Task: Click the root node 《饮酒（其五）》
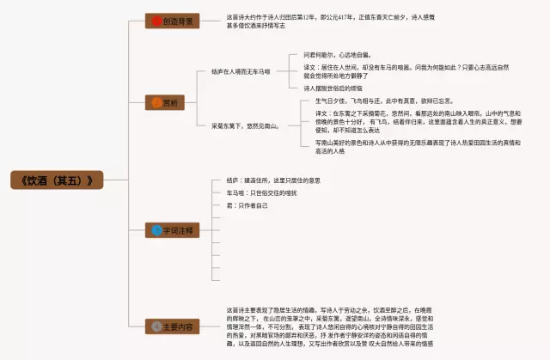click(57, 180)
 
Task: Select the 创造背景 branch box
click(171, 20)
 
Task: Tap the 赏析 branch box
click(171, 103)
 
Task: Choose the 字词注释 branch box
click(171, 230)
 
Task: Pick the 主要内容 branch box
click(171, 326)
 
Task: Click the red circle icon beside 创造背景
click(155, 20)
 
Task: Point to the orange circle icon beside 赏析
click(156, 103)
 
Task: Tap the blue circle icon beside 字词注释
click(156, 230)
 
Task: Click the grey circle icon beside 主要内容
click(156, 326)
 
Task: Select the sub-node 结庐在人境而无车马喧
click(241, 71)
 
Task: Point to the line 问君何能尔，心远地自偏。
click(337, 53)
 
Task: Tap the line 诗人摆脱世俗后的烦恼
click(333, 88)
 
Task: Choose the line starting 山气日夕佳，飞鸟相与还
click(378, 101)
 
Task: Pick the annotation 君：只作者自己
click(247, 206)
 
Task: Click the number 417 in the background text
click(342, 16)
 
